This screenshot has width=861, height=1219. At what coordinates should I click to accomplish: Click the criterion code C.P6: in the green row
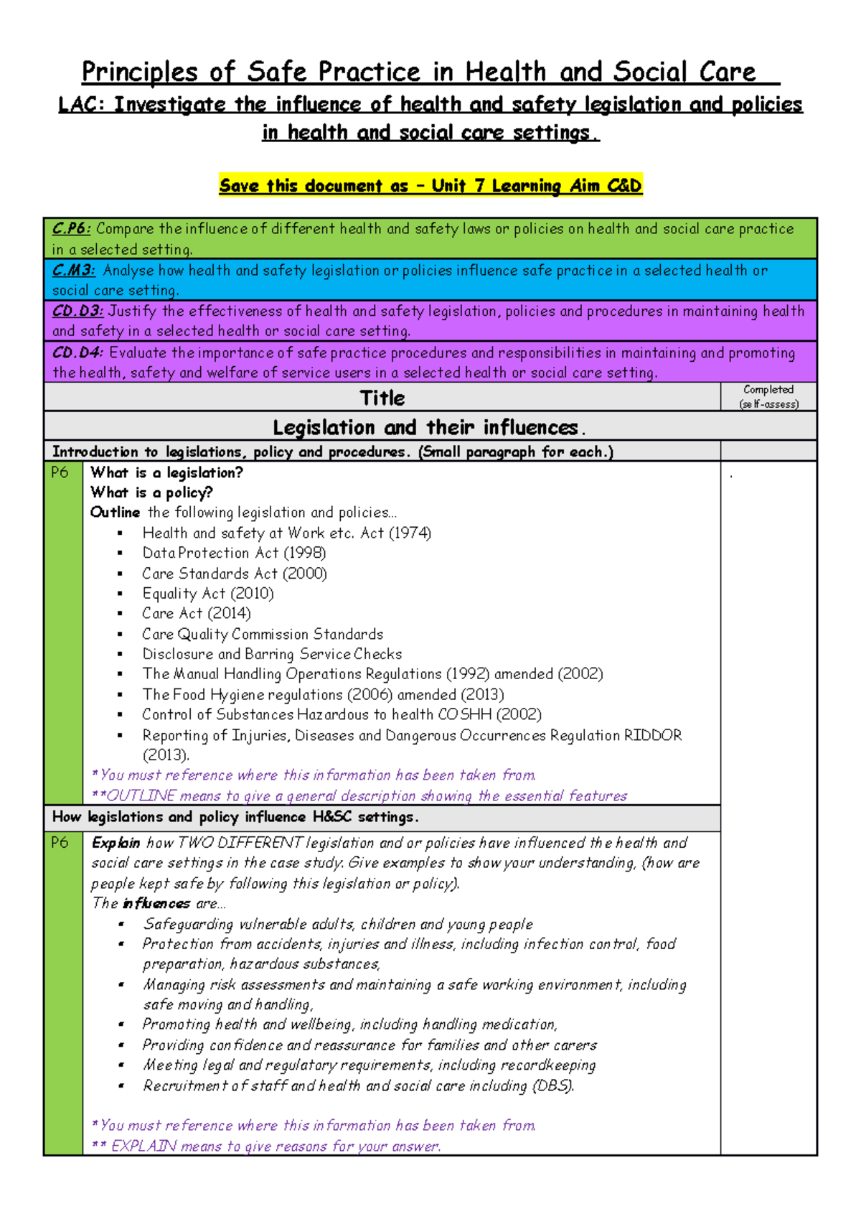(71, 229)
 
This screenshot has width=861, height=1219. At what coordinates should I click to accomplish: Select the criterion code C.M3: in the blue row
(73, 271)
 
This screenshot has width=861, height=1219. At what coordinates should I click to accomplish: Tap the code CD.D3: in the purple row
(77, 312)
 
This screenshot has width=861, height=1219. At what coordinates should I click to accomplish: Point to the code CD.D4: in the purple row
(77, 353)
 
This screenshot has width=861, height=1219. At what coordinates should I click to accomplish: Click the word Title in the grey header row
(382, 398)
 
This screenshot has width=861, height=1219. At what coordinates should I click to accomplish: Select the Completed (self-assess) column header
(768, 396)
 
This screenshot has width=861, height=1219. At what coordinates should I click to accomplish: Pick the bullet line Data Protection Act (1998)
(234, 554)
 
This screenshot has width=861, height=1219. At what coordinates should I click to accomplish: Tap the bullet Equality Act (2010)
(208, 594)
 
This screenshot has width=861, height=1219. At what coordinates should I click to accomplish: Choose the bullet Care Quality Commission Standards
(263, 635)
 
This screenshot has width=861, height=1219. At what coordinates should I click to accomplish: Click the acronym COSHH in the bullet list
(464, 715)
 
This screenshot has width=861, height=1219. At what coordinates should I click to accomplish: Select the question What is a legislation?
(166, 473)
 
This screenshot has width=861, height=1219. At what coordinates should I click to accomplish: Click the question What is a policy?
(151, 493)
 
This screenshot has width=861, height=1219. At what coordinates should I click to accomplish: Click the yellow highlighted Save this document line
(430, 186)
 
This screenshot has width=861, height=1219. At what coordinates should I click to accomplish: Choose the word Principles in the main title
(139, 73)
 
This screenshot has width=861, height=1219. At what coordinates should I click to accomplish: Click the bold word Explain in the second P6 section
(116, 844)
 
